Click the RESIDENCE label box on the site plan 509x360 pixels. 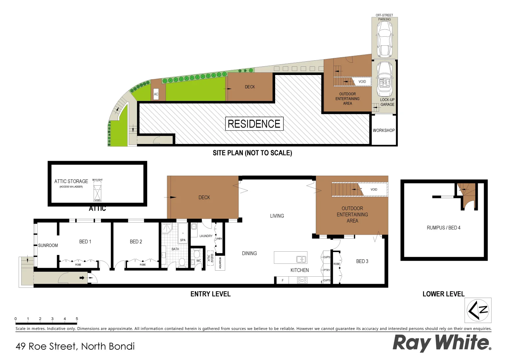[254, 124]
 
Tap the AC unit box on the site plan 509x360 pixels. [156, 94]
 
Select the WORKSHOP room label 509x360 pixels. [383, 130]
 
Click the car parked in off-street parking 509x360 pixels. [384, 39]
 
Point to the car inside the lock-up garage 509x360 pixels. [384, 79]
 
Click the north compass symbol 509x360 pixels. [478, 310]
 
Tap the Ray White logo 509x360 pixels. [442, 343]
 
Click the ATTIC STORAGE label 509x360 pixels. [71, 181]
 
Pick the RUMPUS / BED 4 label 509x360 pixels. [443, 228]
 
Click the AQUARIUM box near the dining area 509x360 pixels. [220, 263]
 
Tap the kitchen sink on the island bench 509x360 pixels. [301, 259]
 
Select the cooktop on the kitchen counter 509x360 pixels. [302, 280]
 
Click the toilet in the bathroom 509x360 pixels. [182, 262]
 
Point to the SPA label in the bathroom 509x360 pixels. [183, 240]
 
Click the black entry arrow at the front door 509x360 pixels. [82, 278]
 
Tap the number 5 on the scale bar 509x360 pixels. [77, 319]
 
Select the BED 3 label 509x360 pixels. [362, 261]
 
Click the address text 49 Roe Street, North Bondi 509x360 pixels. [75, 346]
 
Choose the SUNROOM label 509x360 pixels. [48, 245]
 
